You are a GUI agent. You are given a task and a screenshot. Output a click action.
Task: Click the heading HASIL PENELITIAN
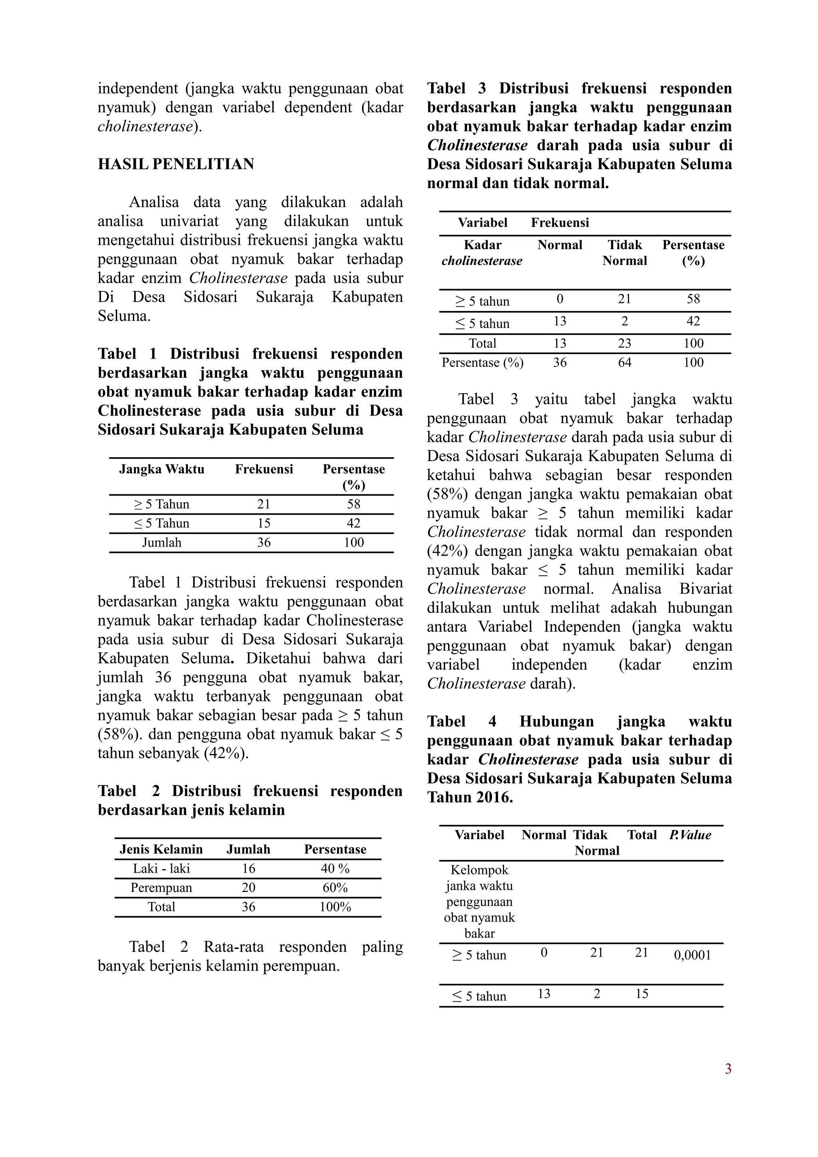[x=176, y=164]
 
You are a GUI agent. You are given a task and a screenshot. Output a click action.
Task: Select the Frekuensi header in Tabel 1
[x=264, y=469]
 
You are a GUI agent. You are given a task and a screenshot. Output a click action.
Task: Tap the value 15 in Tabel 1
[x=264, y=523]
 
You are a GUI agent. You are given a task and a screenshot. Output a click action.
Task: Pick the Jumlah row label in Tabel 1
[x=161, y=543]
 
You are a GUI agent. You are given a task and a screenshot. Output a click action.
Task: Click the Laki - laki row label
[x=161, y=868]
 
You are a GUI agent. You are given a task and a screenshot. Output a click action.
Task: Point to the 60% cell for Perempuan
[x=335, y=888]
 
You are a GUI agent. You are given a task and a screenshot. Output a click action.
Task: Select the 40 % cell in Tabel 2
[x=335, y=868]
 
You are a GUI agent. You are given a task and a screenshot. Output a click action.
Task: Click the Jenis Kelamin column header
[x=161, y=849]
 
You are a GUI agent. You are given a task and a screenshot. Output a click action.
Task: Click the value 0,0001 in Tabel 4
[x=692, y=955]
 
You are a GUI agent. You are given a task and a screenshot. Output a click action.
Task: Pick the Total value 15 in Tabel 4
[x=641, y=994]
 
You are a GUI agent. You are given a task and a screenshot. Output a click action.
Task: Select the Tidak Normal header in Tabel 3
[x=624, y=253]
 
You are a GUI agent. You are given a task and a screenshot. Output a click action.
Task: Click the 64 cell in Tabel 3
[x=624, y=363]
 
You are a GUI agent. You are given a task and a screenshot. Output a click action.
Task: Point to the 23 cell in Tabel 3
[x=624, y=343]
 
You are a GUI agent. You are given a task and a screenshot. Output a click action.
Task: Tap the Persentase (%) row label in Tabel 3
[x=482, y=363]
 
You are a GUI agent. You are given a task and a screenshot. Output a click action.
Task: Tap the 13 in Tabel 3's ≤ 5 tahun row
[x=560, y=321]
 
